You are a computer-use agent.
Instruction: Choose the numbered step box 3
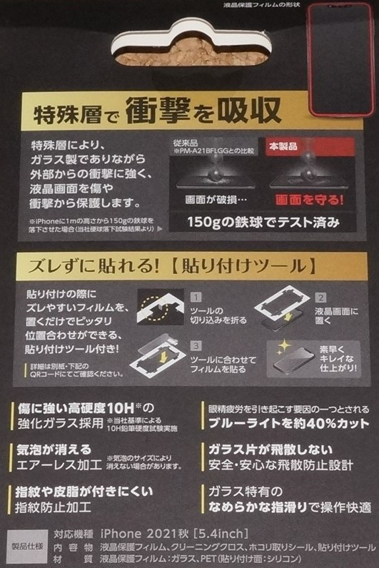(x=196, y=345)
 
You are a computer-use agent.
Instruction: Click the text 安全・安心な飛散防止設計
(x=280, y=465)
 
